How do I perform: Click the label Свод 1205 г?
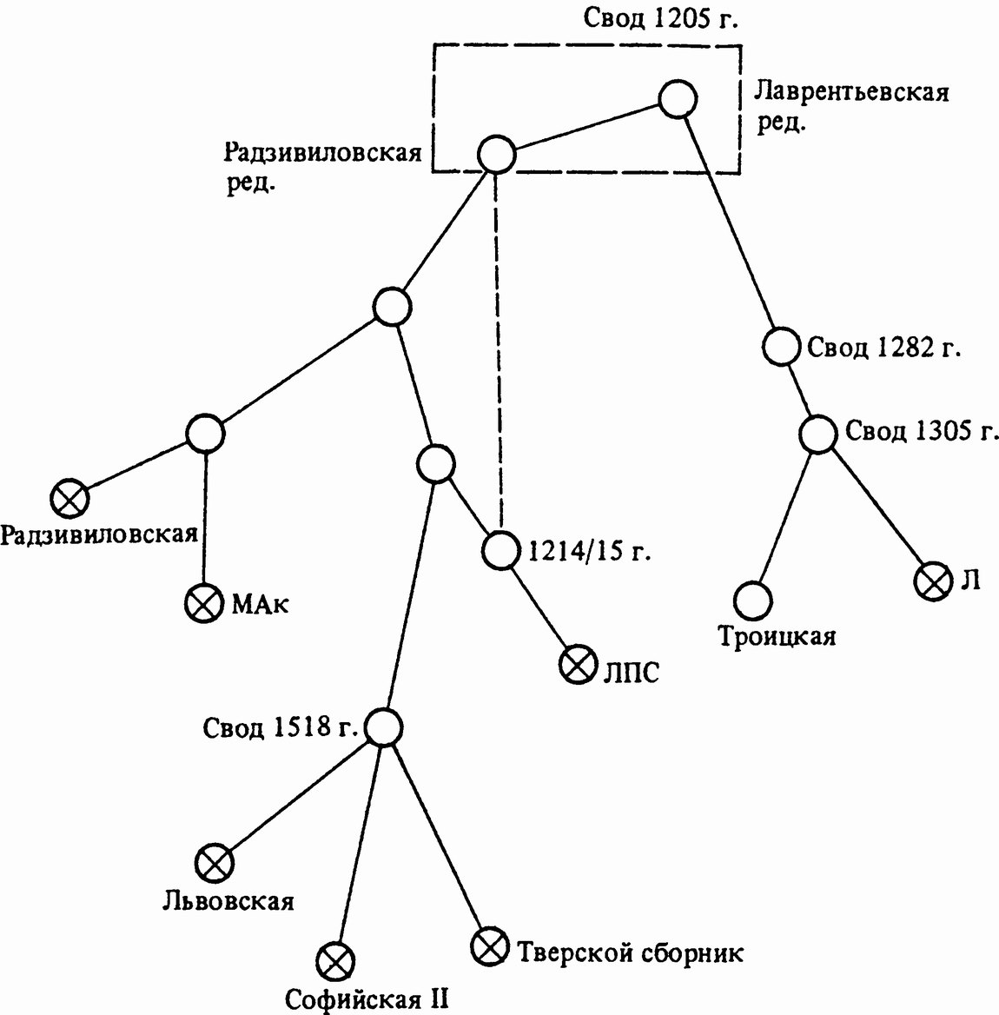coord(660,19)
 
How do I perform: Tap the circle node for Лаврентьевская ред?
coord(678,99)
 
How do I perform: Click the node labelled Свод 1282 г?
coord(782,347)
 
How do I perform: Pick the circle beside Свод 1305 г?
coord(818,434)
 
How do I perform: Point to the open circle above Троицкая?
coord(752,600)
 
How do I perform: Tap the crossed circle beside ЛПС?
coord(577,667)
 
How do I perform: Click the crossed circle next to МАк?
coord(204,603)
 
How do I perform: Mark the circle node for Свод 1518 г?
coord(383,726)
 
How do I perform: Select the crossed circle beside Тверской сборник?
coord(490,946)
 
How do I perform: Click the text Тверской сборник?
coord(631,953)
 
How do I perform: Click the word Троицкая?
coord(777,637)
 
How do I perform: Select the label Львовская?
coord(228,900)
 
